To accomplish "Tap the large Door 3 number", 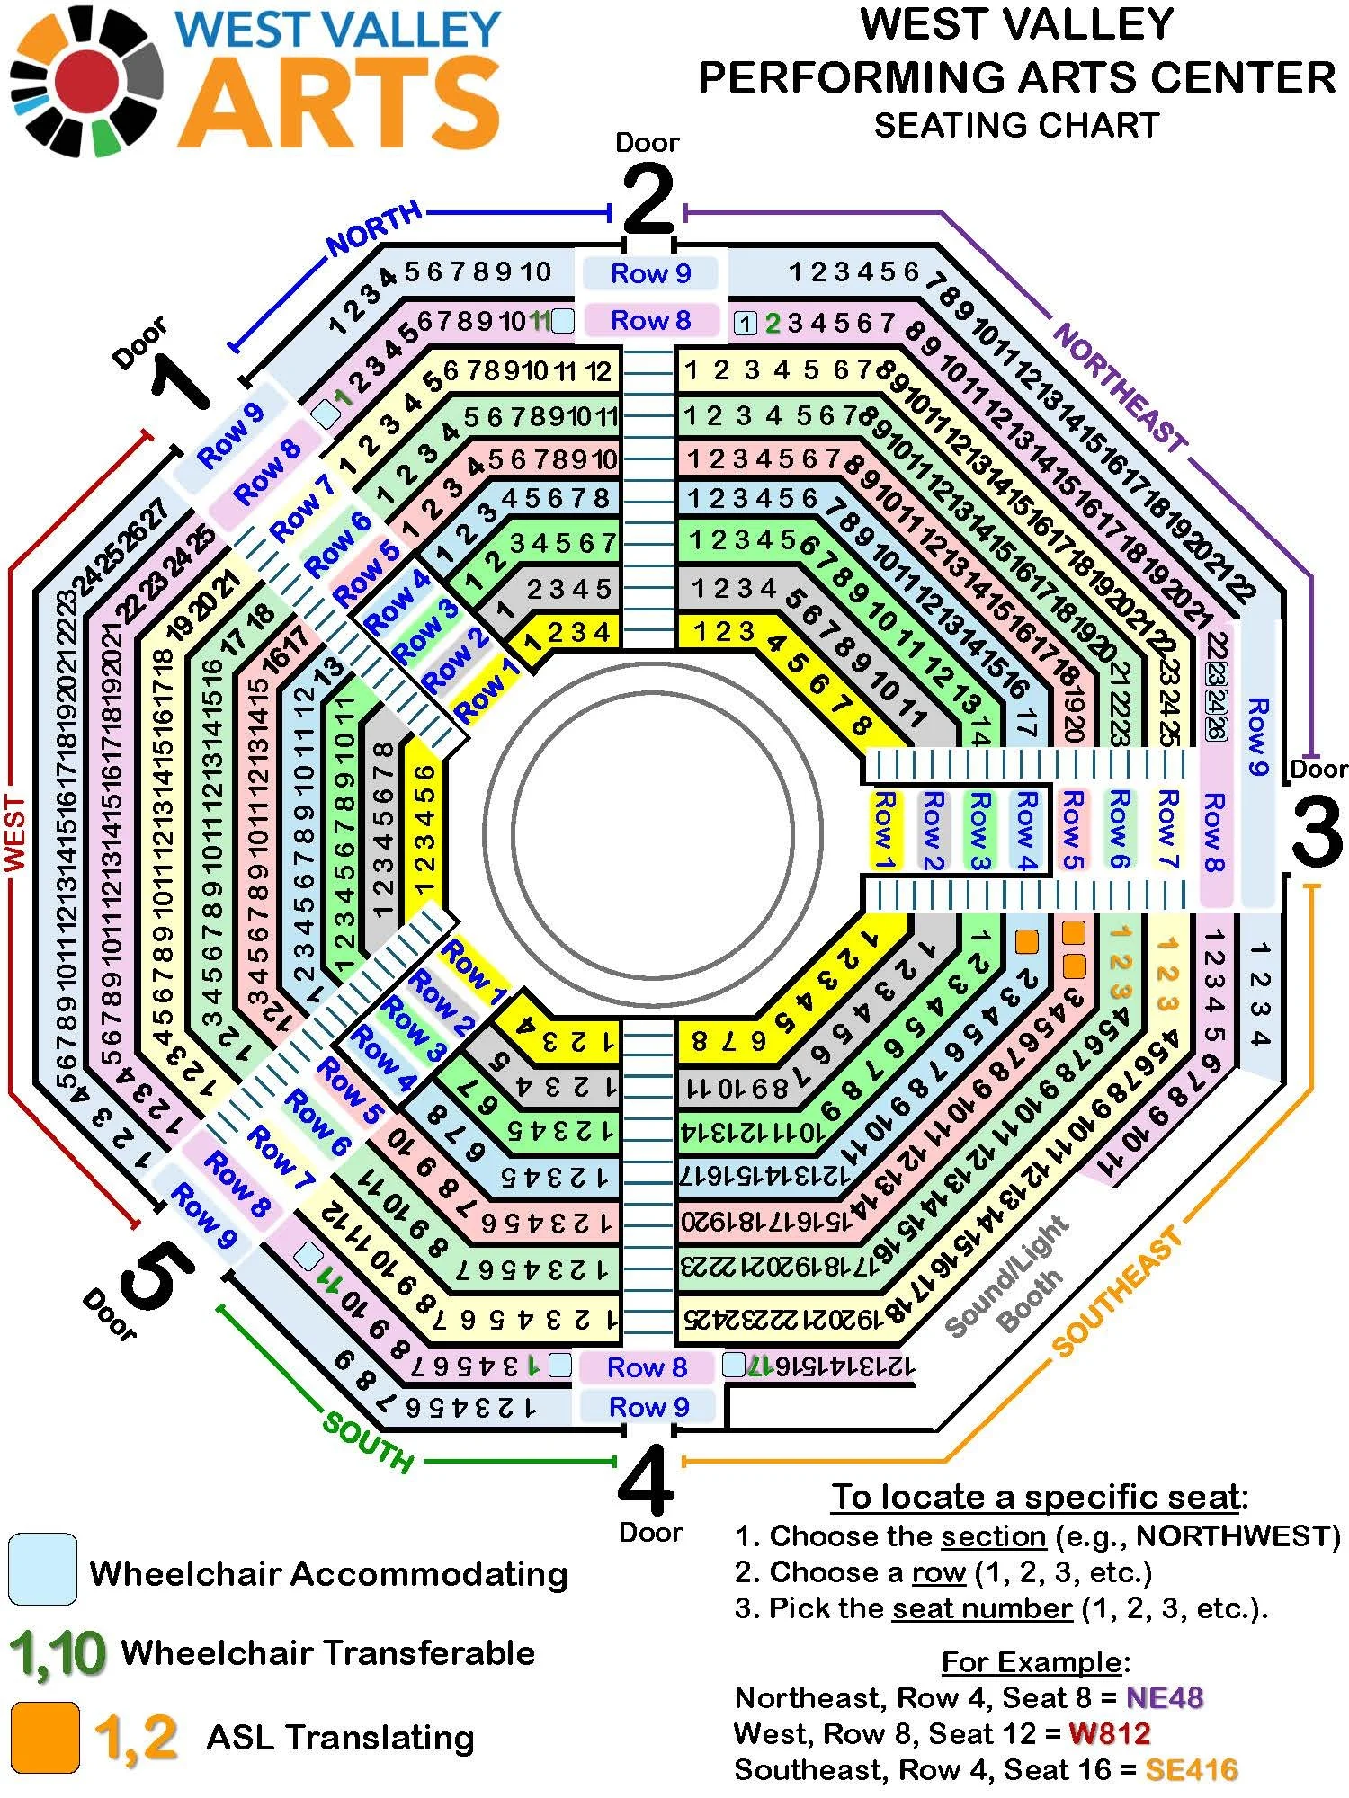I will point(1317,832).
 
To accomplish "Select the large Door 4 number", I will point(646,1481).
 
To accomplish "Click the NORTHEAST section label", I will point(1121,387).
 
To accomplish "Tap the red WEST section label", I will point(15,832).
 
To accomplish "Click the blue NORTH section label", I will point(374,228).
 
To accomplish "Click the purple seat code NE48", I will point(1165,1697).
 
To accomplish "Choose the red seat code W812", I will point(1110,1733).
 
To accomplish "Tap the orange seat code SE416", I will point(1191,1769).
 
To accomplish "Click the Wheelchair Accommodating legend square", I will point(42,1570).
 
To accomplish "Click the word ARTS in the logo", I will point(342,103).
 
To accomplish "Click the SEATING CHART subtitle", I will point(1016,125).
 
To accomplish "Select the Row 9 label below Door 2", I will point(650,273).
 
